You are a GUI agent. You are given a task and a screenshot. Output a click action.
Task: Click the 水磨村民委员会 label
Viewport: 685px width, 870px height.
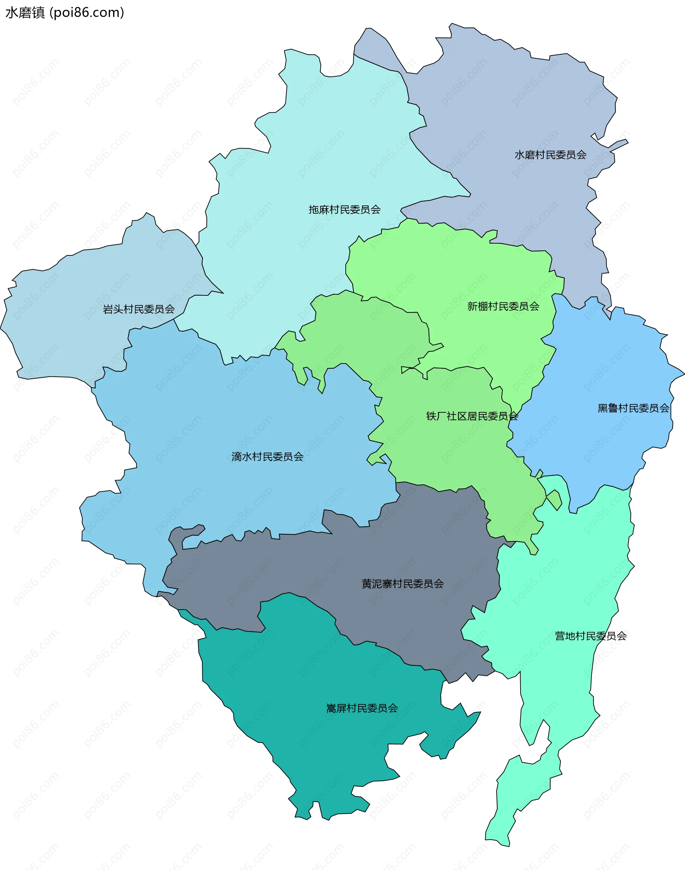tap(550, 155)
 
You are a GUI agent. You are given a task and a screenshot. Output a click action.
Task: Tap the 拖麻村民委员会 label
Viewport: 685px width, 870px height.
tap(345, 209)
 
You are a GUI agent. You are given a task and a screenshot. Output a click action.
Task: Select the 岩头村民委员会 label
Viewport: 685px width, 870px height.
tap(139, 309)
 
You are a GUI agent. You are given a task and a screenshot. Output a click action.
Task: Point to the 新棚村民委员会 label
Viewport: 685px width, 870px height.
tap(503, 306)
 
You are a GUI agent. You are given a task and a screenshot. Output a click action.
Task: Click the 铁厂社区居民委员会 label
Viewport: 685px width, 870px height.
tap(472, 416)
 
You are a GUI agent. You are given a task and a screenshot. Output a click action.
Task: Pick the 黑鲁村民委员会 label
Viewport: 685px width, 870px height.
tap(633, 408)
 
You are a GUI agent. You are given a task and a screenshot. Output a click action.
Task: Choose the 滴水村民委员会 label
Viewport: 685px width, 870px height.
tap(268, 457)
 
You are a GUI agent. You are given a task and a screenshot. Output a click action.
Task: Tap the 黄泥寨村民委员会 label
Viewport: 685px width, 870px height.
tap(403, 584)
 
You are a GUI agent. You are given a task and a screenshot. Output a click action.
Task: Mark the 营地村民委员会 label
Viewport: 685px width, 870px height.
tap(590, 636)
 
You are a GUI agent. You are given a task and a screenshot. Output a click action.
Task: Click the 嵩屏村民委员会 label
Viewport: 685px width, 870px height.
tap(362, 708)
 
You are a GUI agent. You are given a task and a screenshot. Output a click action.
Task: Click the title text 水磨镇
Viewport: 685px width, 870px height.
tap(25, 13)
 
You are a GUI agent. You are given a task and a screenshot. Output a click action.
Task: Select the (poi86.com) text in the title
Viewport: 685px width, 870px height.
tap(87, 13)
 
